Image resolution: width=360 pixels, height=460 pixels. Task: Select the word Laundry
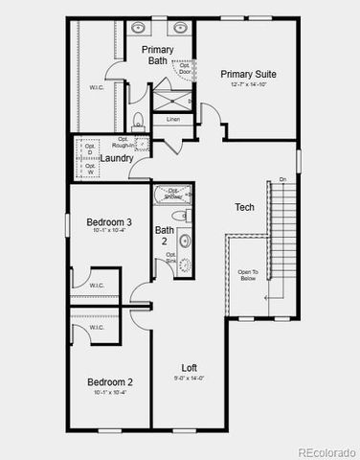coord(117,158)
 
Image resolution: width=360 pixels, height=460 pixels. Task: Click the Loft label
coord(191,367)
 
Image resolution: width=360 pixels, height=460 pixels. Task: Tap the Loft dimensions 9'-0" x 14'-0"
coord(191,378)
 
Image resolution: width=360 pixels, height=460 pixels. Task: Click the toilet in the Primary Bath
coord(138,122)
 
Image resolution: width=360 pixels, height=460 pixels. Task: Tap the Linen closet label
coord(172,120)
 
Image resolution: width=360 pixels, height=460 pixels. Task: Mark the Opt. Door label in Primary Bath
coord(185,68)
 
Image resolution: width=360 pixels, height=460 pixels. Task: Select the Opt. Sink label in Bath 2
coord(170,258)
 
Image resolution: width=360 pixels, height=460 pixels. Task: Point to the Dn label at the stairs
coord(282,179)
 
